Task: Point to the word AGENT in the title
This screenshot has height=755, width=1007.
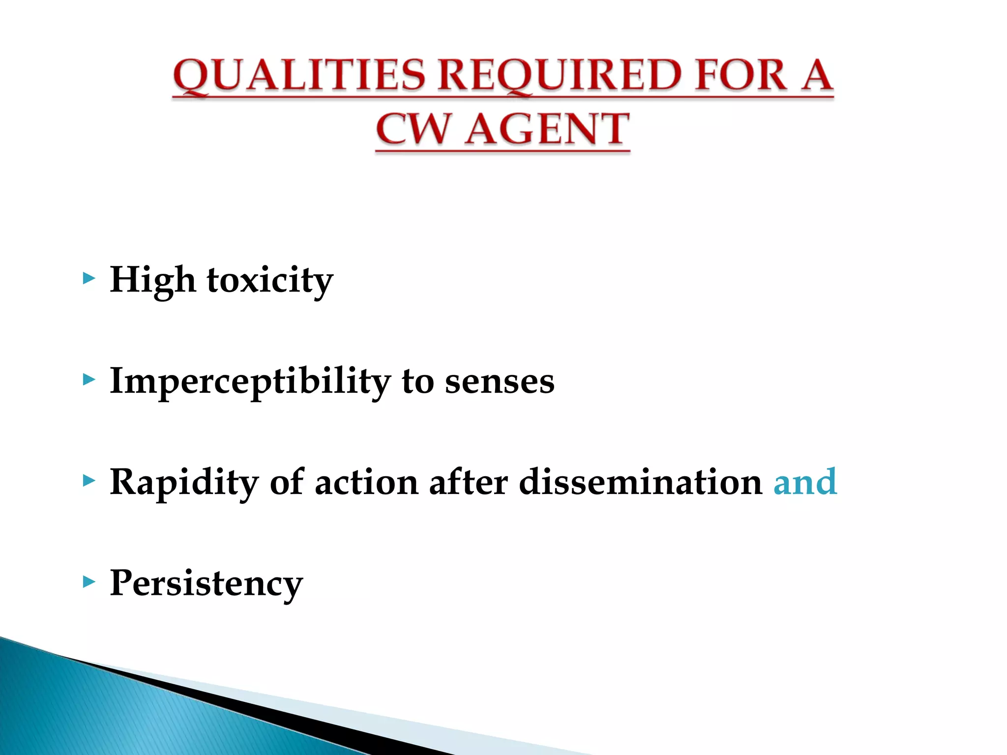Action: pos(547,129)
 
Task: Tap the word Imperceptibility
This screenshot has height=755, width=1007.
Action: pos(250,381)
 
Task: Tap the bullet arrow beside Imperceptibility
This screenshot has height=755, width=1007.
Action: pos(89,380)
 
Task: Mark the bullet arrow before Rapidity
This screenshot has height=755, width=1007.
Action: pos(89,481)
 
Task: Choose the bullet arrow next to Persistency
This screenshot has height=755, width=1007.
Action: pos(89,582)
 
